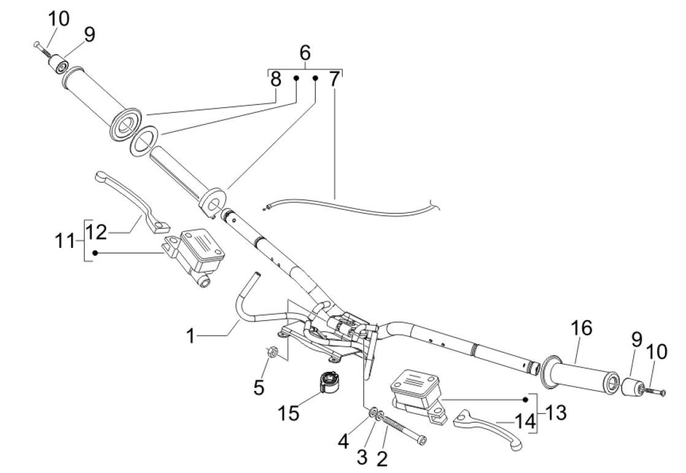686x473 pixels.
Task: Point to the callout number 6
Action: pyautogui.click(x=305, y=54)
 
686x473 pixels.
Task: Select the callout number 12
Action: pyautogui.click(x=97, y=233)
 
